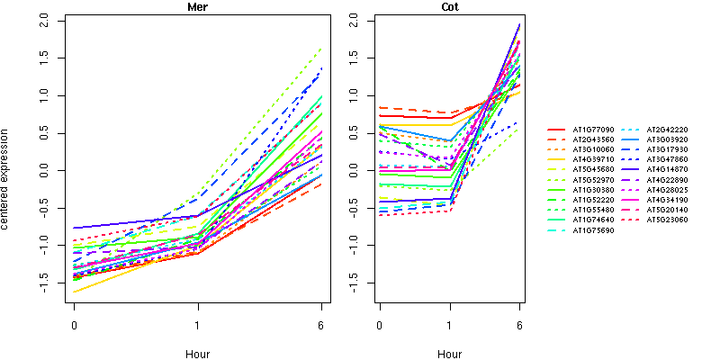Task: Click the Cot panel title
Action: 449,7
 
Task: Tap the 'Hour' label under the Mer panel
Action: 198,355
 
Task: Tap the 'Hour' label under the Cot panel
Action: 449,355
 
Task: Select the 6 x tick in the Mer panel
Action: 321,324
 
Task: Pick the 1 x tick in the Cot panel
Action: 449,324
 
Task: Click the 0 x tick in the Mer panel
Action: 73,324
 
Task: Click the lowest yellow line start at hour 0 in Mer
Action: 74,292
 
